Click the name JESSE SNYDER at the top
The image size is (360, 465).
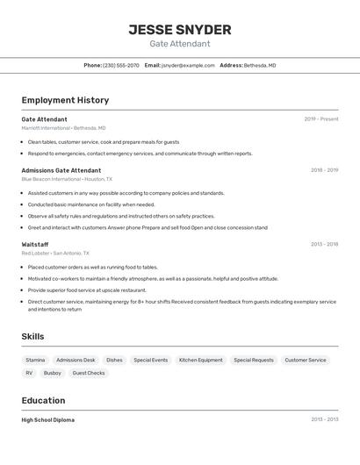180,29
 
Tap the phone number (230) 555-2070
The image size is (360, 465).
121,65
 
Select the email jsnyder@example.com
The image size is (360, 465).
188,65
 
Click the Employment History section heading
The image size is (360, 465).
65,100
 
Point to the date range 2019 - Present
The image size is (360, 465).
321,119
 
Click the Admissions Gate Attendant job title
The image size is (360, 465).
61,170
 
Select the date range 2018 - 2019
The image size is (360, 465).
324,170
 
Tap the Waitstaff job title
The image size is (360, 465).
35,245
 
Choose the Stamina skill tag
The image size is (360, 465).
35,360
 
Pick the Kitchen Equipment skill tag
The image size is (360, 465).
201,360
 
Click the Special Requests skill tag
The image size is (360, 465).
254,360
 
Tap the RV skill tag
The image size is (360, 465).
29,373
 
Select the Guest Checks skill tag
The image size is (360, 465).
89,373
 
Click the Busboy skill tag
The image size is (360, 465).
53,373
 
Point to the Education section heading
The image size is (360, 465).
44,400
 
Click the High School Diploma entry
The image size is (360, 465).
48,420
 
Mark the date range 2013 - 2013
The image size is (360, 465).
324,420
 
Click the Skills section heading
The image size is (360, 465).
32,336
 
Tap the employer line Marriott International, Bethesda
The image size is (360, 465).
63,128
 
